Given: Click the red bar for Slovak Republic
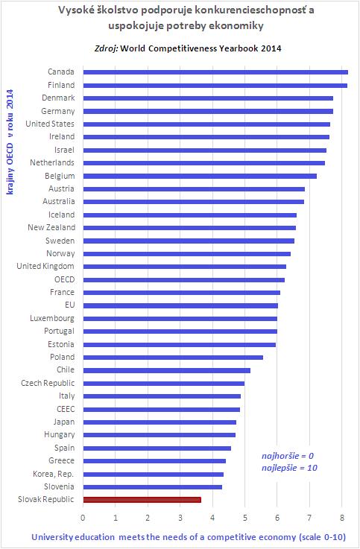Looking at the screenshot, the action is click(142, 500).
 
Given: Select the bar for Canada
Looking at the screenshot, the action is click(215, 72).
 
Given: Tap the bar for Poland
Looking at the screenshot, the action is click(173, 358).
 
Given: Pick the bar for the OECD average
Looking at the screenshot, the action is click(184, 280).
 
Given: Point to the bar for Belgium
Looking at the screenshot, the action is click(200, 176).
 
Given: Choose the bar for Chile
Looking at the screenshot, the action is click(167, 370).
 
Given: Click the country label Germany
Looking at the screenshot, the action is click(58, 111).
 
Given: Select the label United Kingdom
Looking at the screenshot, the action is click(45, 267).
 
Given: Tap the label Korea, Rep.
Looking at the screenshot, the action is click(53, 474).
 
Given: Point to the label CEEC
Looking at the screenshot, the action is click(66, 409).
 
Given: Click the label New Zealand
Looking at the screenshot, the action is click(51, 228).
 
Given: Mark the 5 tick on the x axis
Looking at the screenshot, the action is click(244, 518).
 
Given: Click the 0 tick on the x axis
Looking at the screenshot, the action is click(83, 518).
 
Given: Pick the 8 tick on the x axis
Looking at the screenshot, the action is click(342, 518).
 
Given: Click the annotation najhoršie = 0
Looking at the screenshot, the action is click(288, 456).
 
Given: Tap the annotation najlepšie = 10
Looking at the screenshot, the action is click(289, 468).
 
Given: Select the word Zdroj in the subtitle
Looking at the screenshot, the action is click(106, 48).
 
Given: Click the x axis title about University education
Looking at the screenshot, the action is click(189, 537).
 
